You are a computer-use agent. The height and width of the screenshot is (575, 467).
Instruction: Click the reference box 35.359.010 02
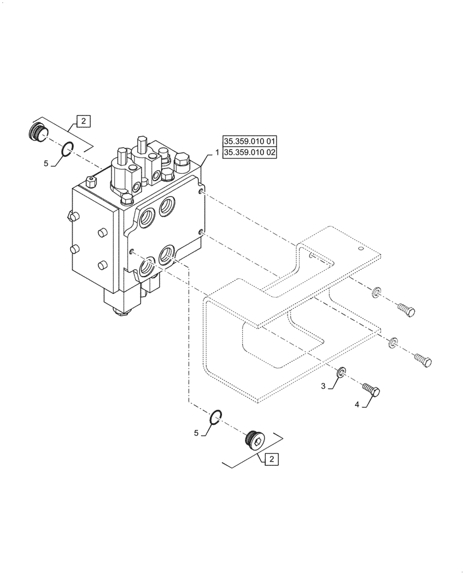coord(250,153)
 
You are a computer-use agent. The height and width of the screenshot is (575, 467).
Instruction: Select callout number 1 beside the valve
coord(217,153)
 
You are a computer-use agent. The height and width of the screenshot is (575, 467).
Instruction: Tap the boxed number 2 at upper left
coord(83,121)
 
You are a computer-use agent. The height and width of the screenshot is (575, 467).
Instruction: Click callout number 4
coord(357,405)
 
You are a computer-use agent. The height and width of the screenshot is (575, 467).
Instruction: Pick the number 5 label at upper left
coord(46,163)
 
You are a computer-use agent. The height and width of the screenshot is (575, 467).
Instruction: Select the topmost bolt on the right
coord(405,309)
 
